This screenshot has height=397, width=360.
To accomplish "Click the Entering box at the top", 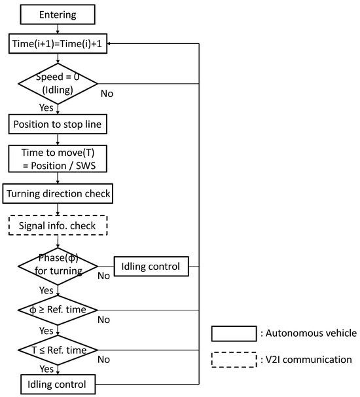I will pos(58,14).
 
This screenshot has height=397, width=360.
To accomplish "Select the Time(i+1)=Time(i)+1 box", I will pos(58,43).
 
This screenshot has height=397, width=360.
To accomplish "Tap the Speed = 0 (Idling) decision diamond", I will pos(58,84).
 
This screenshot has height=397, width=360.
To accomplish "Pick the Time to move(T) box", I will pos(58,157).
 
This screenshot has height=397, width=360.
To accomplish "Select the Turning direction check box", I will pos(58,194).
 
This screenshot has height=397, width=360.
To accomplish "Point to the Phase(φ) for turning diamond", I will pos(58,267).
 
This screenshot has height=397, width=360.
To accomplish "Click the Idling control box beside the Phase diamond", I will pos(151,267).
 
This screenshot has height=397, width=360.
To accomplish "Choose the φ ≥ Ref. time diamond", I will pos(58,309).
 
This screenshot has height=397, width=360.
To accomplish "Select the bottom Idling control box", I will pos(58,383).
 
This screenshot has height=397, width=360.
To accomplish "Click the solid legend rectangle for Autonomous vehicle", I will pos(233,333).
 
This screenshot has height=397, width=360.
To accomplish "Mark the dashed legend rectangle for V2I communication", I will pos(233,359).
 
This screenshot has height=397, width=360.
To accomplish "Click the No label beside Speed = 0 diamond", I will pos(107,93).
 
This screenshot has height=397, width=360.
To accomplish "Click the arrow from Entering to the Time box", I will pos(58,28).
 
